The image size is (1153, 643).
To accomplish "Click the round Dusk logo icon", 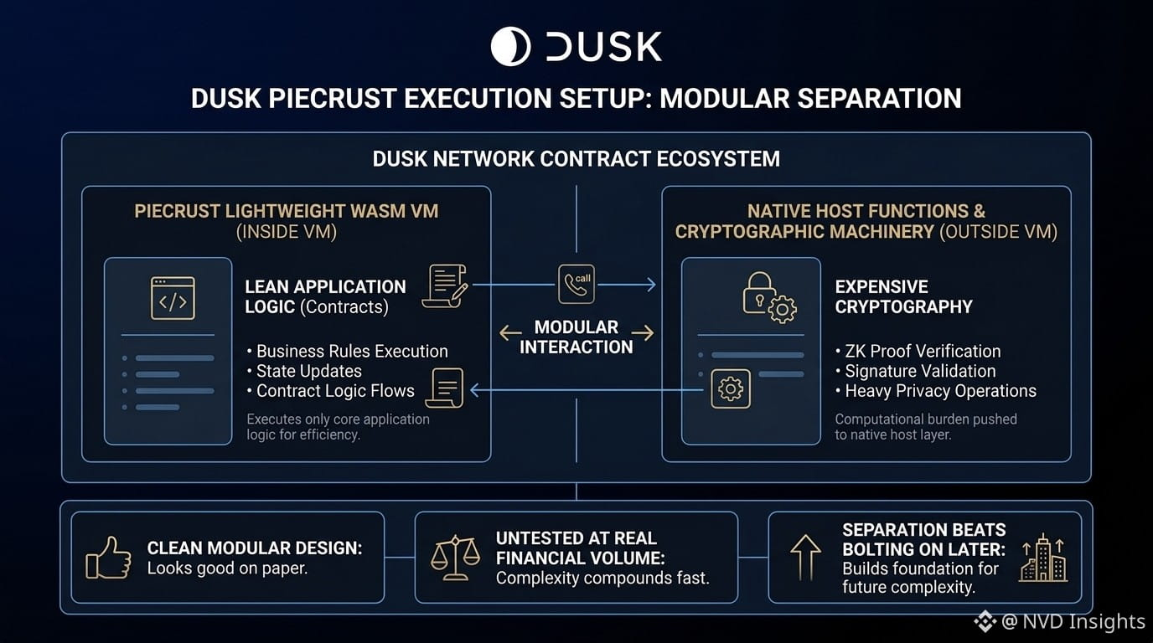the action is coord(510,46).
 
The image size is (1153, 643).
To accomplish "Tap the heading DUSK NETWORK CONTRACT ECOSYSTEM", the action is coord(576,158).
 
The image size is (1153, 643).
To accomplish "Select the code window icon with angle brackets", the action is coord(173,298).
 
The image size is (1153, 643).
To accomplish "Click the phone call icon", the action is coord(576,284).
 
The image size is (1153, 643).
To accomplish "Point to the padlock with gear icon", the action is coord(769,297).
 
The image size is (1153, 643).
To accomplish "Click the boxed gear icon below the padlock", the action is coord(731,388).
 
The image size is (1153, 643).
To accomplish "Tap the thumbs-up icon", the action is coord(108,558).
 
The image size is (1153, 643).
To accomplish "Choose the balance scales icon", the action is coord(455,558).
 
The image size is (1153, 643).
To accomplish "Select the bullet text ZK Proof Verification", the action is coord(923,351).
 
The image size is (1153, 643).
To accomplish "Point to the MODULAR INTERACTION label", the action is coord(576,337).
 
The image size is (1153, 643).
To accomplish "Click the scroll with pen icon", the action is coord(445,286).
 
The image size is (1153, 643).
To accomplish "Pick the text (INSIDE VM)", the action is coord(287,231).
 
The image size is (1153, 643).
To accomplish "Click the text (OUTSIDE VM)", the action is coord(998,231).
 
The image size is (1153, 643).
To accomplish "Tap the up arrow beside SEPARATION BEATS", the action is coord(805,558).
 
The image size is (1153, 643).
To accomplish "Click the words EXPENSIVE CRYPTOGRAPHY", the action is coord(903,296).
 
